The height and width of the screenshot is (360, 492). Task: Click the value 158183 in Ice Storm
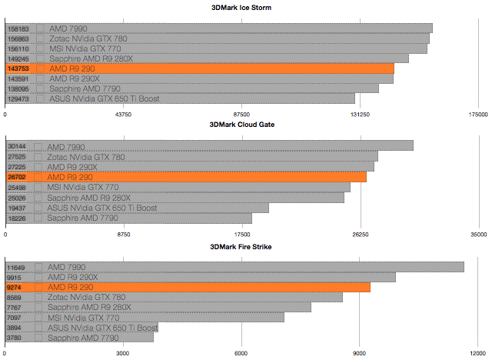[18, 28]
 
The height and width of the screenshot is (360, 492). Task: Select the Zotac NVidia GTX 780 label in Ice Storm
[88, 38]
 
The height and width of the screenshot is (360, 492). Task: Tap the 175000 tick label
[477, 115]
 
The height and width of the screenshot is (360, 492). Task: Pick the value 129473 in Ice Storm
[18, 98]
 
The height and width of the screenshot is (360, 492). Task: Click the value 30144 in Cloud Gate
[16, 146]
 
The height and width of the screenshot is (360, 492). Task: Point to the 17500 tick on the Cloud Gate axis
[242, 235]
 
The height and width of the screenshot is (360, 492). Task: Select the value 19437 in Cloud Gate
[16, 208]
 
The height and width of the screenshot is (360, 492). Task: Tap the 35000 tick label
[477, 235]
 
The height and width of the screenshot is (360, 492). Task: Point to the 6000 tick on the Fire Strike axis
[241, 354]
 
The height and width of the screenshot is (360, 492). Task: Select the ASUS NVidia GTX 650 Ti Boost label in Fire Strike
[102, 328]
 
